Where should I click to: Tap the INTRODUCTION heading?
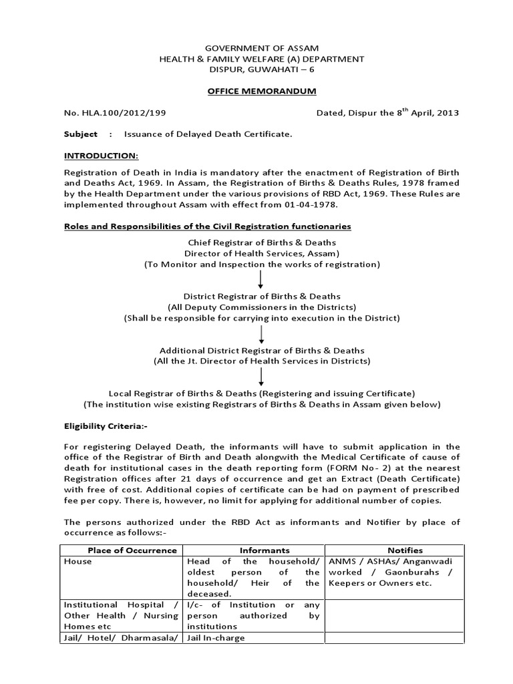[101, 156]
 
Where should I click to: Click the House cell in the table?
[77, 562]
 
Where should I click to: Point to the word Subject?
[80, 134]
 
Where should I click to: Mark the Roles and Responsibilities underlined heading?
[207, 227]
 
